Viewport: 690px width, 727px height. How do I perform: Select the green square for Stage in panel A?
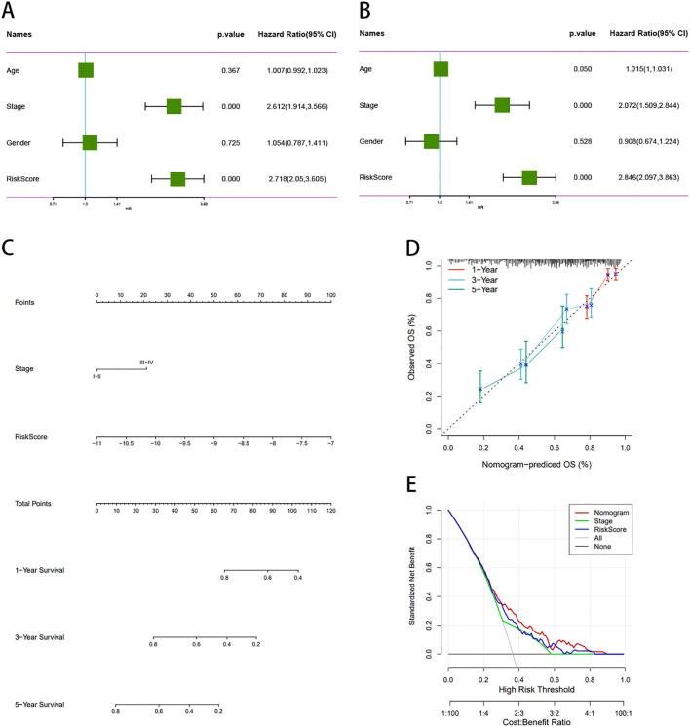(x=174, y=105)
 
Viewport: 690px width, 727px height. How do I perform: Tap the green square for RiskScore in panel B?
(x=529, y=177)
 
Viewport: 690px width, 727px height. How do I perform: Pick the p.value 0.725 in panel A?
(x=229, y=142)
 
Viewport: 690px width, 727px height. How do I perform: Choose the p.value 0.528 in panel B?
(x=582, y=141)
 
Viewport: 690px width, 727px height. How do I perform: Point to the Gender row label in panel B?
(x=371, y=141)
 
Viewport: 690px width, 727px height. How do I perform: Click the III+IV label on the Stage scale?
(x=146, y=362)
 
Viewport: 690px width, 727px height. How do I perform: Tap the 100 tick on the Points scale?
(x=330, y=294)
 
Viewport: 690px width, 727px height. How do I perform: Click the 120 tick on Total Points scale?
(x=330, y=510)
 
